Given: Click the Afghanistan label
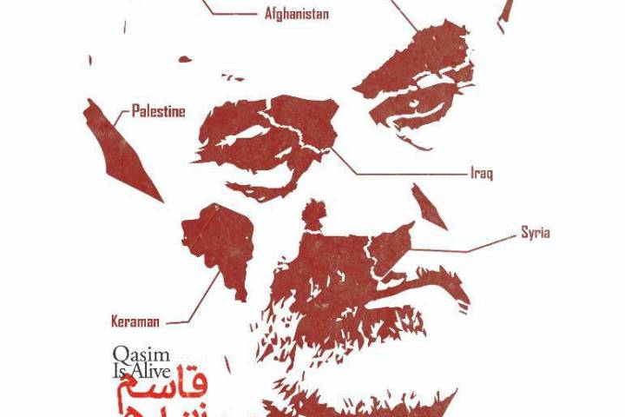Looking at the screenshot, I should tap(296, 14).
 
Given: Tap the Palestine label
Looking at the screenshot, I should tap(158, 110).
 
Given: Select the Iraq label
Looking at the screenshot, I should tap(481, 174).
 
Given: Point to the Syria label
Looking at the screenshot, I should tap(535, 233).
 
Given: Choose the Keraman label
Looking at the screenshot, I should tap(135, 321).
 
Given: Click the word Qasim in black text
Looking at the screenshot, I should tap(135, 354).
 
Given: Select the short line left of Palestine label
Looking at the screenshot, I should tap(120, 110).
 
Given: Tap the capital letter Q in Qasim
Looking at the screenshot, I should tap(120, 354).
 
